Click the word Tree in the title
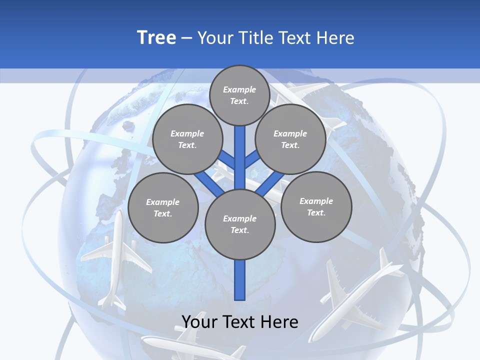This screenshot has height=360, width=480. (156, 37)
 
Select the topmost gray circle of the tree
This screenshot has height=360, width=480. (239, 95)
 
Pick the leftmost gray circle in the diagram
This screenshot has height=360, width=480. (163, 207)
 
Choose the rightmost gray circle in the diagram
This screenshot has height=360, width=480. (316, 206)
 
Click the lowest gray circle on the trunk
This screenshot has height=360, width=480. (240, 224)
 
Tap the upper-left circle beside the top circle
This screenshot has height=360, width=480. (187, 139)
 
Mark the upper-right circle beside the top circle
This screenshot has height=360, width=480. (290, 139)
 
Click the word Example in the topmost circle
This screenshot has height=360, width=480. (239, 89)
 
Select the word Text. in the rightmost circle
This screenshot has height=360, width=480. (316, 212)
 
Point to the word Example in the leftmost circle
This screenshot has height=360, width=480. (162, 202)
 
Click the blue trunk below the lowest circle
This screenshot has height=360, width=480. (240, 280)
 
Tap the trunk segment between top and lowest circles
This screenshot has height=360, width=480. (240, 157)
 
